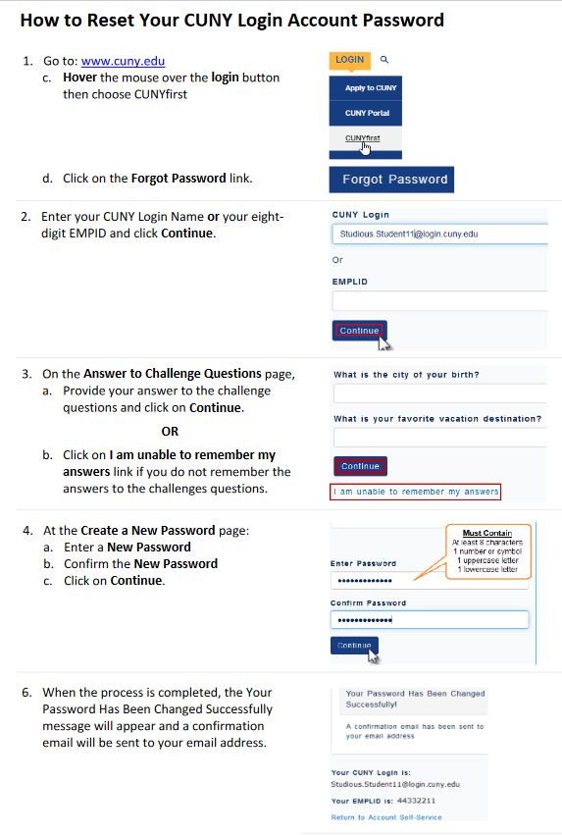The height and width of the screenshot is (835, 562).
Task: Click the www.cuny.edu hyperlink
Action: coord(123,61)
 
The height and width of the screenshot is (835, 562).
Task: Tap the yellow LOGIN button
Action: coord(349,60)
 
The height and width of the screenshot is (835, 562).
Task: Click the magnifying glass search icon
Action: coord(384,60)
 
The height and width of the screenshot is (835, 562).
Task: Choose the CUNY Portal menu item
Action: coord(366,113)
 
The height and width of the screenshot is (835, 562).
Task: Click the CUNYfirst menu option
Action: coord(363,138)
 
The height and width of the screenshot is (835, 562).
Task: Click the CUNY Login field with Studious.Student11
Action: coord(439,234)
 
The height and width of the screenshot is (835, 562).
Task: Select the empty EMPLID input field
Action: coord(439,301)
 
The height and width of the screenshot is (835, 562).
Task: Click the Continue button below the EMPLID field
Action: coord(359,331)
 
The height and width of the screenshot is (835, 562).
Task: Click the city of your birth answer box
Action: coord(440,393)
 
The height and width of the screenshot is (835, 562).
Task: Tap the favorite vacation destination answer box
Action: coord(440,438)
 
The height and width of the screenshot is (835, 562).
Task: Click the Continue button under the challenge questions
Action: coord(360,466)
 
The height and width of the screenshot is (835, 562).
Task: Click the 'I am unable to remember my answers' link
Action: coord(415,492)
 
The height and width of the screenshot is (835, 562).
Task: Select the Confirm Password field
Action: coord(430,620)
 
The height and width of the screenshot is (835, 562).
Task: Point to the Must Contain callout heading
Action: coord(486,533)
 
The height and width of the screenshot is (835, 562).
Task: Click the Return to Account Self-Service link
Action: coord(386,817)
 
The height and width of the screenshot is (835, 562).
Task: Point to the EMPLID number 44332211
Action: coord(416,801)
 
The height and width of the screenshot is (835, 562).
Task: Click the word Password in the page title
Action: coord(403,21)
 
